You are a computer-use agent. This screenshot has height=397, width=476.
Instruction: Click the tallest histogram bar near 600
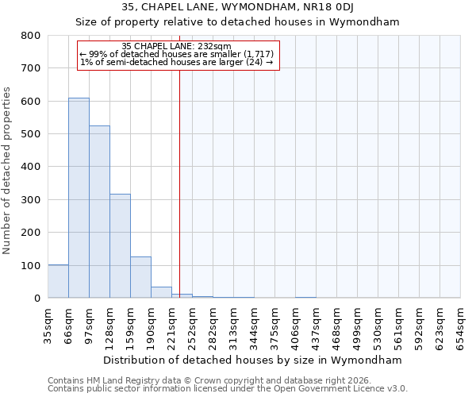pos(79,198)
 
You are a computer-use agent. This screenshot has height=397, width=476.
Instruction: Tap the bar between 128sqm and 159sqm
pos(120,246)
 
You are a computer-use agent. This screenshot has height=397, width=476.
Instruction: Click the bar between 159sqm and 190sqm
pos(140,277)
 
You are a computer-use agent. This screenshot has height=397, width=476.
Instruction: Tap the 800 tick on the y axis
pos(31,36)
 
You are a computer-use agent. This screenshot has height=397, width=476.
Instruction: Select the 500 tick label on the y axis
pos(31,134)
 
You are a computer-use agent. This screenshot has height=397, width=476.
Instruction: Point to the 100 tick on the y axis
pos(31,265)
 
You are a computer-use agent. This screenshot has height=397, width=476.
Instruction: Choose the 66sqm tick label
pos(68,322)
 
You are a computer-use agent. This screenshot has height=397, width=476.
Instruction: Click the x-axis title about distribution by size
pos(253,360)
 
